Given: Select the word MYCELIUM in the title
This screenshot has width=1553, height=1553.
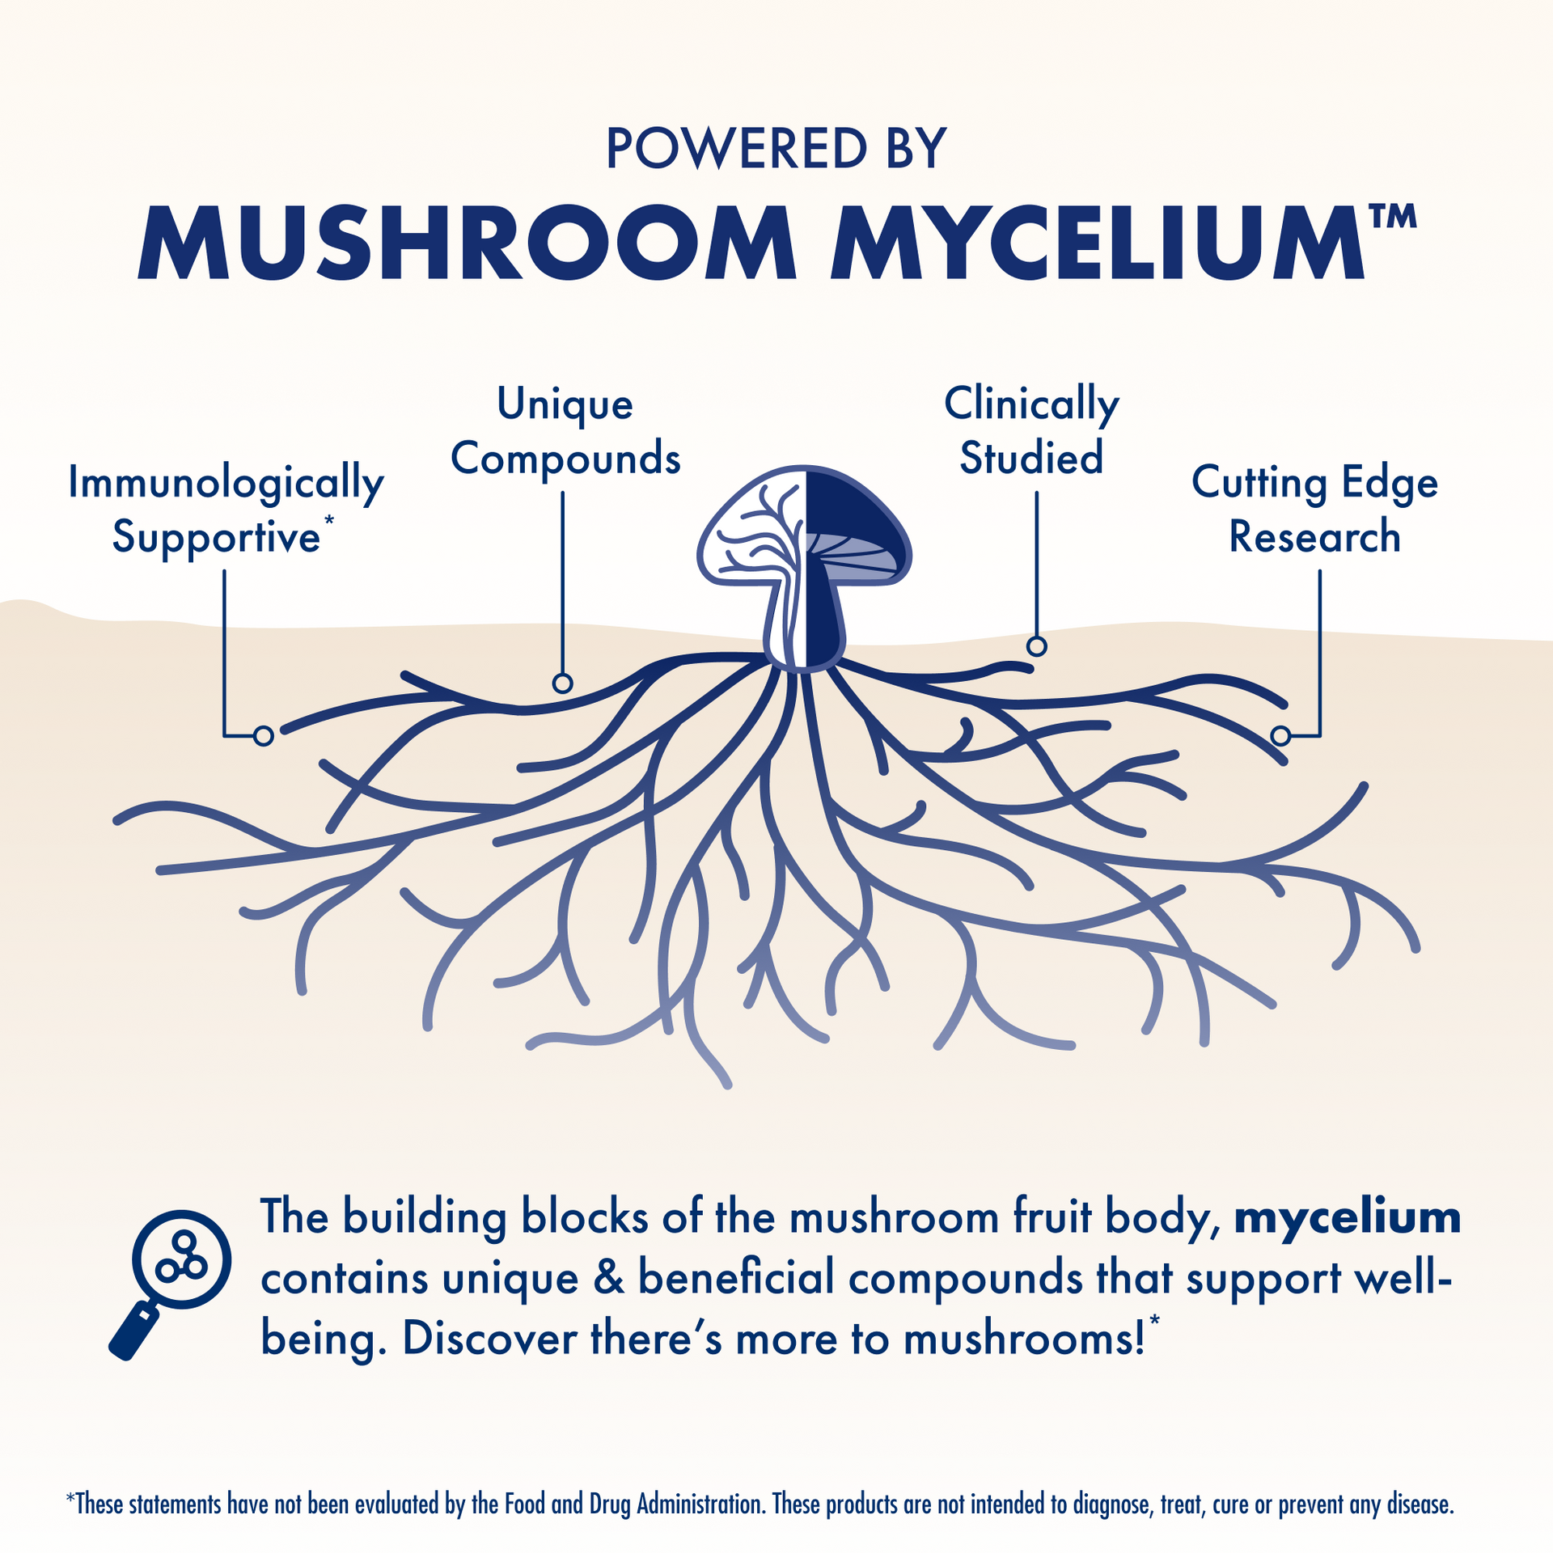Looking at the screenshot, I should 1096,243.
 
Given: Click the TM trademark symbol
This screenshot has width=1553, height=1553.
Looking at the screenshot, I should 1392,217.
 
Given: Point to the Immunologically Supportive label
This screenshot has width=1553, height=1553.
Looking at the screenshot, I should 225,510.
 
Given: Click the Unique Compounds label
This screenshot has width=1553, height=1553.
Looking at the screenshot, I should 565,431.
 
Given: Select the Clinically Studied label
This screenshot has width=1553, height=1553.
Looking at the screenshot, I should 1031,431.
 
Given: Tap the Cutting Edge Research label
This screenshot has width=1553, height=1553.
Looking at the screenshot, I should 1314,510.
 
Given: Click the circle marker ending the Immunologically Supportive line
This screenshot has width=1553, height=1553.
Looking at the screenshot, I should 263,735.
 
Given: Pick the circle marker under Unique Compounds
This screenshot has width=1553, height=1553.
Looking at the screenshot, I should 562,683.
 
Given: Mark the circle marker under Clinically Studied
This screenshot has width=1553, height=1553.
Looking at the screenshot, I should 1036,646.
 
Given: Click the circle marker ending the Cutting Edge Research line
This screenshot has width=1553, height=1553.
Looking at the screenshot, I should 1280,735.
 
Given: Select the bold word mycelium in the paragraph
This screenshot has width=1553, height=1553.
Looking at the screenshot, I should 1347,1217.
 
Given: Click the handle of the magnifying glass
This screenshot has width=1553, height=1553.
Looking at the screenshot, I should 134,1332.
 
